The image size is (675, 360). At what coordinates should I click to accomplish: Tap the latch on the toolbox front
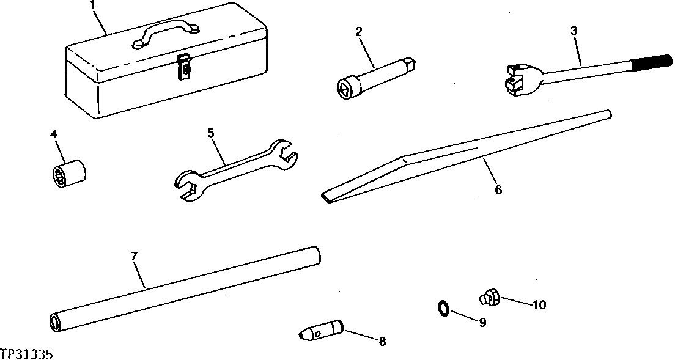point(182,65)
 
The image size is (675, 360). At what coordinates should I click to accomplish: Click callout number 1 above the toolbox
point(92,6)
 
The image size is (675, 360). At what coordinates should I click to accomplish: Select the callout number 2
point(360,31)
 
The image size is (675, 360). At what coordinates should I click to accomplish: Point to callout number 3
point(574,31)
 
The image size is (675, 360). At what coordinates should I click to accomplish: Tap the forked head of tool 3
point(515,78)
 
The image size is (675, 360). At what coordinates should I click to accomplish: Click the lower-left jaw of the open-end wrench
point(187,186)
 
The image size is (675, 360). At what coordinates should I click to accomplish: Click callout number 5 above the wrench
point(211,132)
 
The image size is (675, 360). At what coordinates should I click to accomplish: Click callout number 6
point(498,190)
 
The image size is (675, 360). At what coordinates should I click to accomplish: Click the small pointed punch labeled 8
point(322,330)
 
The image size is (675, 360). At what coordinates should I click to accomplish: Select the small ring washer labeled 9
point(444,309)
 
